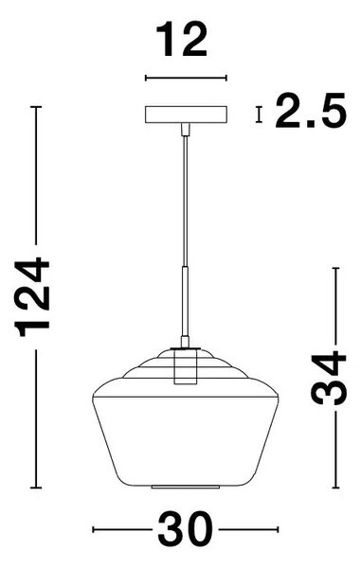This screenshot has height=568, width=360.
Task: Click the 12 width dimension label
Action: coord(181,40)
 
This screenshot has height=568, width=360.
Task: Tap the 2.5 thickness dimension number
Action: coord(311,110)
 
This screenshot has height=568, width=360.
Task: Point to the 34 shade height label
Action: coord(329,378)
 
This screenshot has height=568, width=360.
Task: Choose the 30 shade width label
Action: coord(185,529)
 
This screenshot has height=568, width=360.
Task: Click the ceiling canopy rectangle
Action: coord(186,115)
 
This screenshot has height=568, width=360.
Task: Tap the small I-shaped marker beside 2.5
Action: coord(259,115)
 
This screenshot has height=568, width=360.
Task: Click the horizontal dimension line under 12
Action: coord(186,78)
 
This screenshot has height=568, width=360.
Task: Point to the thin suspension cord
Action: coord(186,201)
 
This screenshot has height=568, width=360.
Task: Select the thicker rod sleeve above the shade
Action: coord(186,301)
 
